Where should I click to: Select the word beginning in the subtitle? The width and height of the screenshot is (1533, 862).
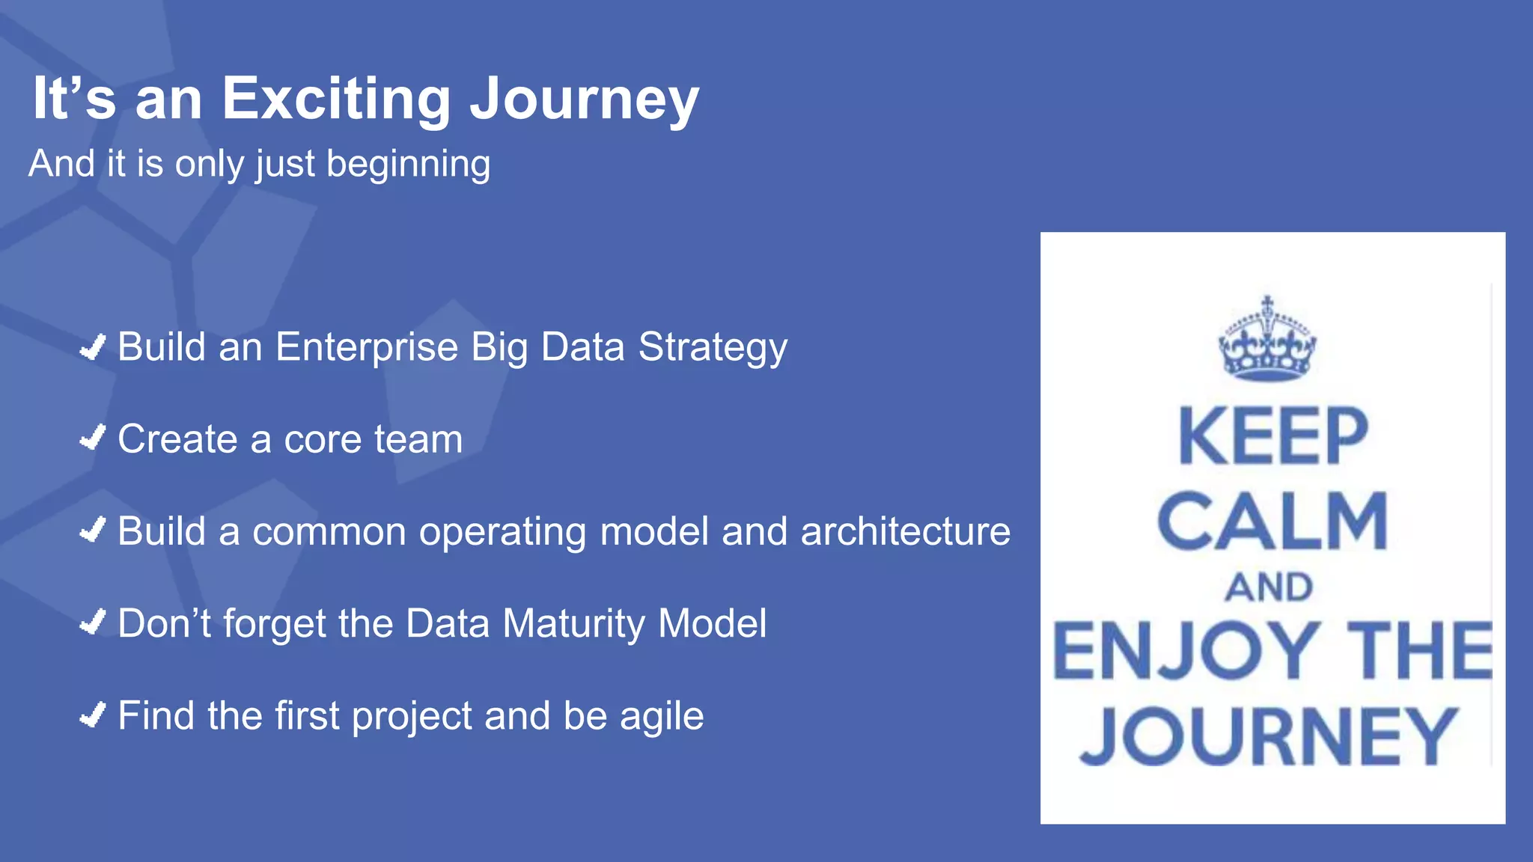[x=408, y=165]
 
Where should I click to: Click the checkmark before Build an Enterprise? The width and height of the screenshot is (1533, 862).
[x=93, y=347]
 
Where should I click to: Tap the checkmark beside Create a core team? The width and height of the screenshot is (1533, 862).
[x=93, y=438]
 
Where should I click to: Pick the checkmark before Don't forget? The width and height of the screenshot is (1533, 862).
[x=93, y=623]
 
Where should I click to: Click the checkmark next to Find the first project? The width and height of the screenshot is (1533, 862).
[x=93, y=715]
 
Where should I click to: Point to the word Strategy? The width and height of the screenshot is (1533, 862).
[x=712, y=349]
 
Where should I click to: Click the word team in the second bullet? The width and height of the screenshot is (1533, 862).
[x=418, y=439]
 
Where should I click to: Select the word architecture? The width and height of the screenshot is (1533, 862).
[x=905, y=532]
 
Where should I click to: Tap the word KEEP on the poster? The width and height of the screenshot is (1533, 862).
[x=1273, y=436]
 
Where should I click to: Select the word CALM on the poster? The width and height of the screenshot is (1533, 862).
[x=1273, y=522]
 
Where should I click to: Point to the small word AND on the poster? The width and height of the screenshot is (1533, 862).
[x=1269, y=587]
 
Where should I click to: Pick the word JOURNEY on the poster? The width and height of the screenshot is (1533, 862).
[x=1269, y=736]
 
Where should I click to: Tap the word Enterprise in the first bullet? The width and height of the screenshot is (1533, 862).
[x=366, y=349]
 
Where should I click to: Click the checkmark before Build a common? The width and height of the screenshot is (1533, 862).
[x=93, y=531]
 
